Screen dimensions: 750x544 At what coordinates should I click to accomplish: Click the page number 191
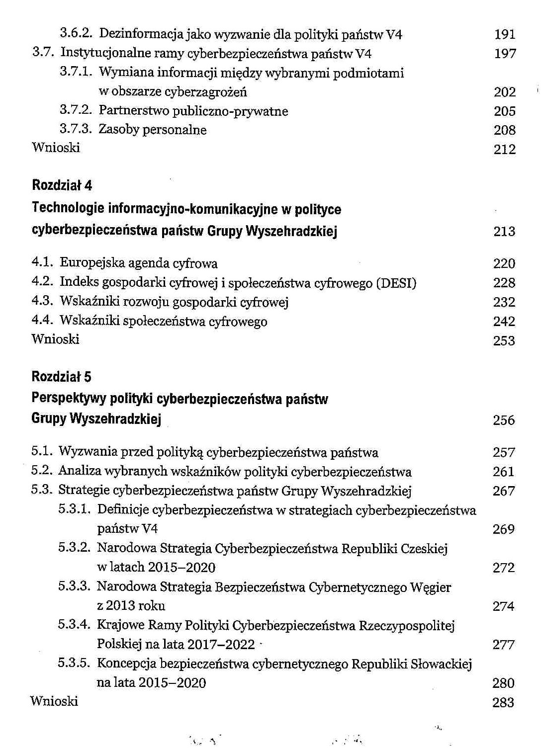[505, 35]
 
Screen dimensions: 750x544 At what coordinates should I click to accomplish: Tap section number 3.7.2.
[76, 110]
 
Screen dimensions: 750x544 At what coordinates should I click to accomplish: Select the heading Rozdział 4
[62, 185]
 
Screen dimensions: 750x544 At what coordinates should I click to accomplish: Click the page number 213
[504, 232]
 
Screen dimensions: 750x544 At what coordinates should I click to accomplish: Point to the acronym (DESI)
[396, 283]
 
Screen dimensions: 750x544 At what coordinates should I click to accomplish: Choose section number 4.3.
[42, 302]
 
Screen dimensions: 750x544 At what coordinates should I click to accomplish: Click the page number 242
[504, 322]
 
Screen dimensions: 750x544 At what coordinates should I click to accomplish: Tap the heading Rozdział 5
[62, 376]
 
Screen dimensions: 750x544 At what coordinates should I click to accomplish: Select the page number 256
[504, 420]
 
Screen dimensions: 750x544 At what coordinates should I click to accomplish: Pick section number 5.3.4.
[74, 625]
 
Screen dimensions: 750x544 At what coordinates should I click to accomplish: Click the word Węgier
[431, 587]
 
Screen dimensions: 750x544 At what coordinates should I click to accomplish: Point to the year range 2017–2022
[226, 645]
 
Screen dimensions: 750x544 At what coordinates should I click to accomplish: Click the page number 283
[503, 703]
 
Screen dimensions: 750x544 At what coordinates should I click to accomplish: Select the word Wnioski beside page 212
[56, 148]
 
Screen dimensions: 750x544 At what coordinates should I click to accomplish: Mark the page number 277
[503, 645]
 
